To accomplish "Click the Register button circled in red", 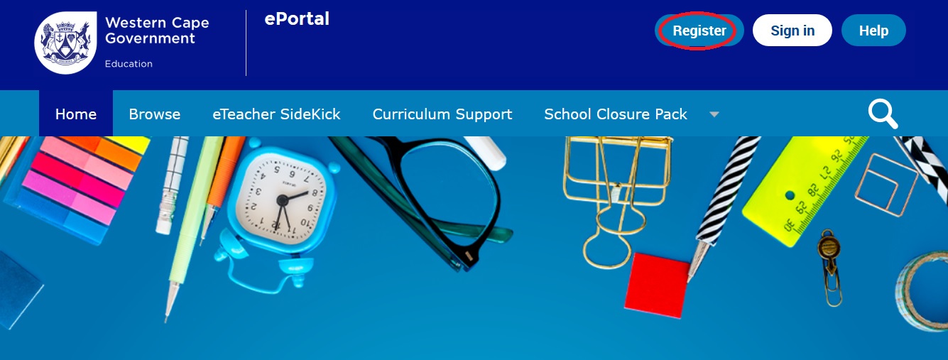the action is tap(699, 31).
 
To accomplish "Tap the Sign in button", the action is tap(792, 31).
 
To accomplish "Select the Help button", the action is tap(873, 31).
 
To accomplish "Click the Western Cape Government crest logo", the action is tap(65, 43).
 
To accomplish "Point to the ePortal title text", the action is tap(297, 19).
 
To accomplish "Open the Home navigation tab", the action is tap(76, 114).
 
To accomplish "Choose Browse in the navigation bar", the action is tap(155, 114).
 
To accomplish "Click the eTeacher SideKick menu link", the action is tap(276, 114).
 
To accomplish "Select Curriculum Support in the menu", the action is tap(442, 114).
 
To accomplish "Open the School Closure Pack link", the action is tap(616, 114).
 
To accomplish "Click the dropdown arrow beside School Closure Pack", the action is tap(714, 114).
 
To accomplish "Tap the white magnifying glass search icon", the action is tap(883, 114).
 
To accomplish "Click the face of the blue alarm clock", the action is tap(281, 198).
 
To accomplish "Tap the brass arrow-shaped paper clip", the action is tap(830, 266).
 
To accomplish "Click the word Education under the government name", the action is tap(129, 64).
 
